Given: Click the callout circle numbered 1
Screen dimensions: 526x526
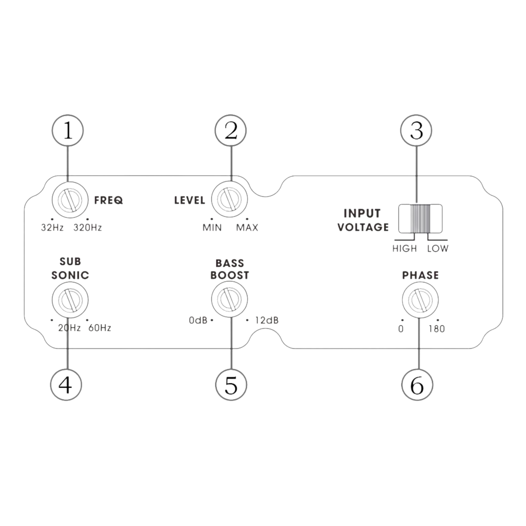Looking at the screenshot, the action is click(68, 131).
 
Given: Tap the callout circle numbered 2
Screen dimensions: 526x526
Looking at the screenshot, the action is click(230, 131).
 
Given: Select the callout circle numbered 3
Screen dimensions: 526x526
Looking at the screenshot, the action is click(416, 131).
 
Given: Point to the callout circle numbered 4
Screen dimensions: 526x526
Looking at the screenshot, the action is click(66, 384).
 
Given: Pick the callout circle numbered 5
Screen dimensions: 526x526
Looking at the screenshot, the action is click(231, 384).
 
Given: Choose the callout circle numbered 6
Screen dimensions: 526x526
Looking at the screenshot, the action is click(417, 384).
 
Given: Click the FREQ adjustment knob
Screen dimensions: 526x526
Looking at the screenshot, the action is click(70, 200).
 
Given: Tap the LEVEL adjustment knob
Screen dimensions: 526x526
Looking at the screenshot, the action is click(229, 199).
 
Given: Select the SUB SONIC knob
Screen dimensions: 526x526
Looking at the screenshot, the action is click(70, 300).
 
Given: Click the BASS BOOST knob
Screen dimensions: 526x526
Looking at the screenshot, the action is click(229, 300).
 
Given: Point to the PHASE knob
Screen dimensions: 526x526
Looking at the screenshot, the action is click(420, 300).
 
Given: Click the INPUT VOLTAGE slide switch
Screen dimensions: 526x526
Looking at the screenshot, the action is click(420, 218).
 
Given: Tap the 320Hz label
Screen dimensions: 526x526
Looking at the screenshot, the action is click(88, 227).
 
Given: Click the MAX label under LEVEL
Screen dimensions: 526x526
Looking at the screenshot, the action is click(247, 227).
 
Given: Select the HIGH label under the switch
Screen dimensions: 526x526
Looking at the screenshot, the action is click(405, 248).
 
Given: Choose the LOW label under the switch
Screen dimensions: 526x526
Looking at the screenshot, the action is click(438, 248).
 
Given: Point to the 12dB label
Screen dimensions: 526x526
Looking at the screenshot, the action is click(267, 320).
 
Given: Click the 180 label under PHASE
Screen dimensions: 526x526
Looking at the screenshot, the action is click(437, 329).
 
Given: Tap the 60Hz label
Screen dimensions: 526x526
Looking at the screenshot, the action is click(100, 328).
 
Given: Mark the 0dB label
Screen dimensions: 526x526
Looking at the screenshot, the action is click(198, 320).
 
